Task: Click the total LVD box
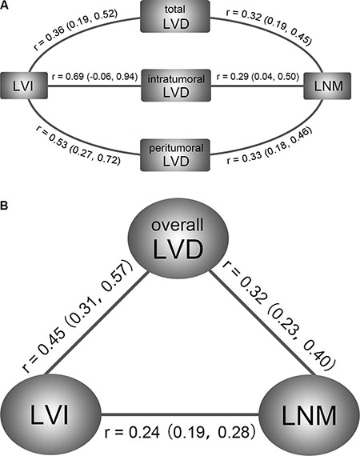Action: click(175, 16)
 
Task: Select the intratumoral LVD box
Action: click(176, 86)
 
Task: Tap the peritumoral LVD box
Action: click(175, 155)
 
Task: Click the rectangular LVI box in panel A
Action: click(24, 86)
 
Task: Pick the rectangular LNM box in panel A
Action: click(327, 86)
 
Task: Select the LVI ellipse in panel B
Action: click(50, 414)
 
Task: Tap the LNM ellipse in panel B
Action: click(309, 415)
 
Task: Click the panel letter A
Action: click(4, 6)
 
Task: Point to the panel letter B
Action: click(4, 206)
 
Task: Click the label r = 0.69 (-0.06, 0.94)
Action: click(94, 77)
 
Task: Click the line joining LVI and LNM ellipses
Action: click(179, 414)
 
